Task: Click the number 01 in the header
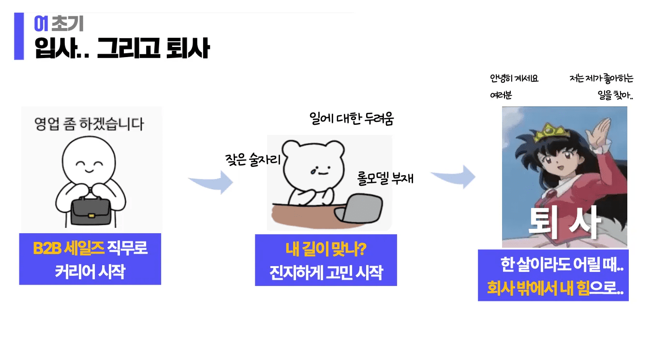[x=41, y=23]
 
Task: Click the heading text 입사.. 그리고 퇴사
[x=122, y=48]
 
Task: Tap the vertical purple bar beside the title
[x=19, y=36]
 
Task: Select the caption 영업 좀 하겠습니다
[x=89, y=124]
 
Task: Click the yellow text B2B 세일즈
[x=68, y=249]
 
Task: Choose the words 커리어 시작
[x=90, y=271]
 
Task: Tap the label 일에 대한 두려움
[x=352, y=118]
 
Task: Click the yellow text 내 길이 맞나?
[x=326, y=250]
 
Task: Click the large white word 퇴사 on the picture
[x=564, y=222]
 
